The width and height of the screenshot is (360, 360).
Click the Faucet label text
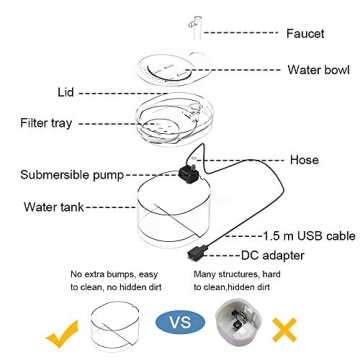click(x=304, y=34)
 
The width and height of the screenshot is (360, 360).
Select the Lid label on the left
click(x=66, y=92)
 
